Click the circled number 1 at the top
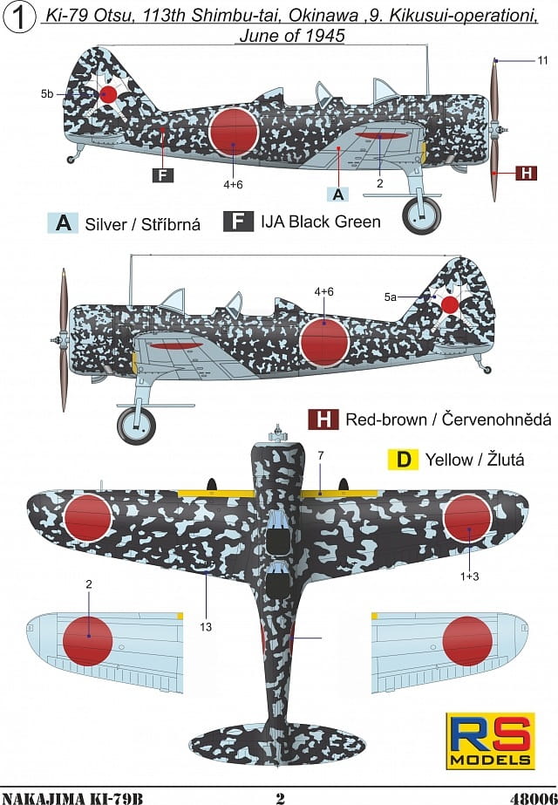19,18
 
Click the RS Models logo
490,740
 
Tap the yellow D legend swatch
404,459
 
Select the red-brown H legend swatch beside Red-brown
323,420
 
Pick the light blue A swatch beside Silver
63,223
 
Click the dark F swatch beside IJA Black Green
238,222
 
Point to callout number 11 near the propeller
542,60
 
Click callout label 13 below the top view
206,627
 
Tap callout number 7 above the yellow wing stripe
321,455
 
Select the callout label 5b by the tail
47,94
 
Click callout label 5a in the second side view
391,297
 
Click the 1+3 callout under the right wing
469,576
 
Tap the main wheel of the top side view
421,215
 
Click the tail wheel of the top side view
71,160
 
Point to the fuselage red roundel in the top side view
234,132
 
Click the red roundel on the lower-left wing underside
88,641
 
